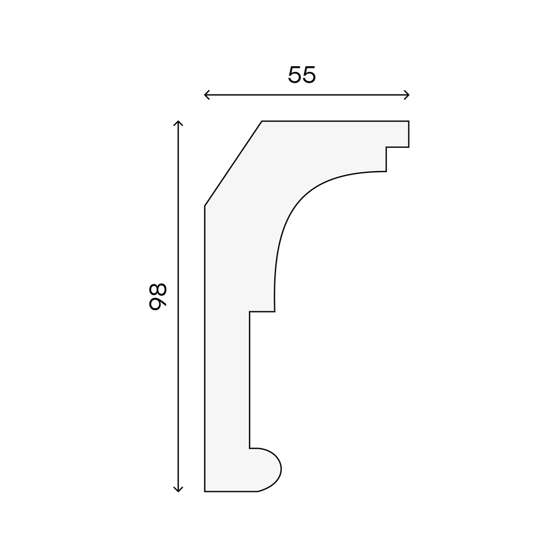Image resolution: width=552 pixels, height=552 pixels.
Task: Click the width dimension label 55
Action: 302,75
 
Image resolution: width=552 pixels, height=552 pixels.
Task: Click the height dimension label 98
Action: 157,296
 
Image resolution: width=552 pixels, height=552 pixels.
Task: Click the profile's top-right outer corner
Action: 408,121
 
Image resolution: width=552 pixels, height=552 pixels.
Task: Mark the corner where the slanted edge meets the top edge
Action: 262,121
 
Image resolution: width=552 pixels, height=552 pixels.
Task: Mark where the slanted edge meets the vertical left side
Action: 205,206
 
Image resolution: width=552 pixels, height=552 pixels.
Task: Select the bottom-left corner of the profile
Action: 205,491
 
